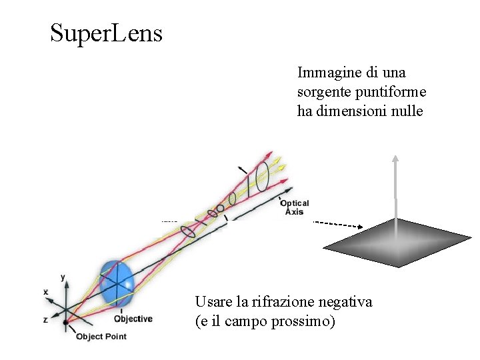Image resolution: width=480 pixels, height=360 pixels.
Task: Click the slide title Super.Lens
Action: tap(106, 33)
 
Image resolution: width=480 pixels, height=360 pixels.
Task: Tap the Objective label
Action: tap(133, 319)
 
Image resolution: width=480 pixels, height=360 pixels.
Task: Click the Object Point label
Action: tap(101, 337)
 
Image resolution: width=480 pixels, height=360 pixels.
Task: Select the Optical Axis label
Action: tap(294, 207)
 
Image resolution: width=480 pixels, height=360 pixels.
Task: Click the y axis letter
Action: tap(62, 276)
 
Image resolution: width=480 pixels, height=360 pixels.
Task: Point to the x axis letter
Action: tap(46, 292)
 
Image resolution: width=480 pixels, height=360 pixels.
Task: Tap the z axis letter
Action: tap(45, 320)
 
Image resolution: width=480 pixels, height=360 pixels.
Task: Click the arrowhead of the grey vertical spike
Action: tap(395, 159)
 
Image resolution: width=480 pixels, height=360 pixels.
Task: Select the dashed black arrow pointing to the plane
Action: tap(337, 224)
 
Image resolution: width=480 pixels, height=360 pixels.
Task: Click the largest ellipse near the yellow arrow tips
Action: tap(263, 176)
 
